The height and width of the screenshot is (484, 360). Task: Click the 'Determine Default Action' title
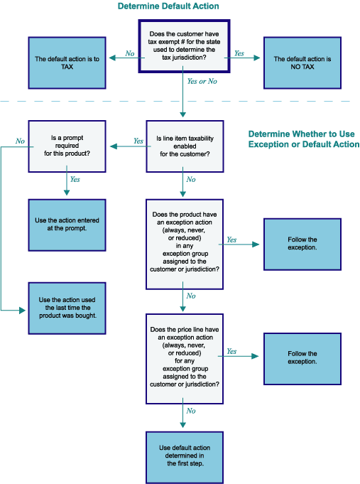168,6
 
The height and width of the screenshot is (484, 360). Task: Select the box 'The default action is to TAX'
67,63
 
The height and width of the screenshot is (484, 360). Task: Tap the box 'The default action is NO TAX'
302,63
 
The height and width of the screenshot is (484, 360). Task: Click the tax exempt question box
184,46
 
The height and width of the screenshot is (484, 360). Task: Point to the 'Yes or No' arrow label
202,81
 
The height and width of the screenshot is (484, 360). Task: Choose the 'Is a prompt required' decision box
67,146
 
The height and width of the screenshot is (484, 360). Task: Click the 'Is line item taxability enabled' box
185,146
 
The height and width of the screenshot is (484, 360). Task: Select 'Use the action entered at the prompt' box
67,225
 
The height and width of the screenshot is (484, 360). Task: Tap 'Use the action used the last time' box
67,308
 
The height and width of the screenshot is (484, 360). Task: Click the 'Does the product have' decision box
185,244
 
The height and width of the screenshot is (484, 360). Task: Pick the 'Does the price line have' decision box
185,359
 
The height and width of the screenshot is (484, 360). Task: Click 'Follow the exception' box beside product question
302,244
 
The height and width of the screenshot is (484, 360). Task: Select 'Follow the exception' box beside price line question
302,359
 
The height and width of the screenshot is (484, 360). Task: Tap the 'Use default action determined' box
185,458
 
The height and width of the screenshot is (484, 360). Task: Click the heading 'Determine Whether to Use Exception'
304,139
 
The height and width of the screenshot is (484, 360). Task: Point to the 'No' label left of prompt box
20,141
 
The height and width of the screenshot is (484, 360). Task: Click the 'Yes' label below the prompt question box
75,179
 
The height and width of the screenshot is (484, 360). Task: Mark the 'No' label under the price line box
191,411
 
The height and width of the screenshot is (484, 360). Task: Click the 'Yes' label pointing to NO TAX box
239,53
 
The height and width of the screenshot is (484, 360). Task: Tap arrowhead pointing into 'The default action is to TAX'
112,58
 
